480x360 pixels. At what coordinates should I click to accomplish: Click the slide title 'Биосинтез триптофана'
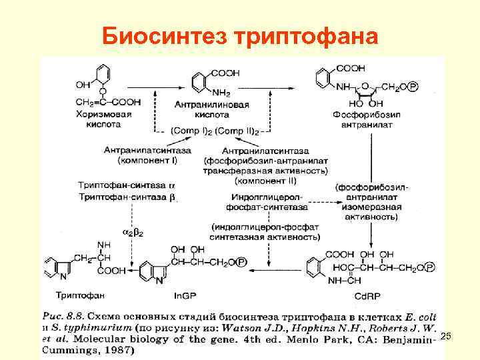click(240, 35)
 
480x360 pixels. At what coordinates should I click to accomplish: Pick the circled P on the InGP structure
click(241, 263)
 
